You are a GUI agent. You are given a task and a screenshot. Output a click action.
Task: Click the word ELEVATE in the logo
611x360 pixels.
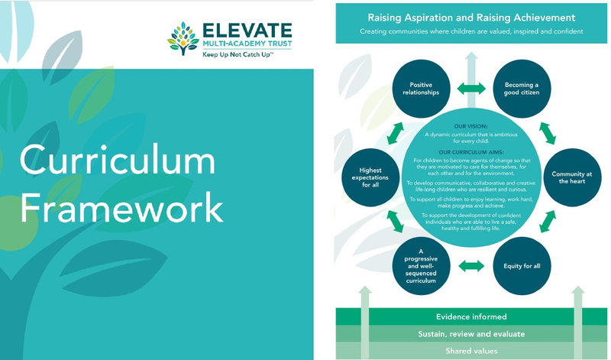click(247, 31)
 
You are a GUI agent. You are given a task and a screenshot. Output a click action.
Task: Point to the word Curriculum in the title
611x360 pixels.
click(117, 162)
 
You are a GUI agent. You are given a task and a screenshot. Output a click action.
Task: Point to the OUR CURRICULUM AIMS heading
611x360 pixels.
click(471, 151)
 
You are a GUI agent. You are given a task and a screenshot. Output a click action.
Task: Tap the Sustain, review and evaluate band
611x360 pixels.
click(470, 334)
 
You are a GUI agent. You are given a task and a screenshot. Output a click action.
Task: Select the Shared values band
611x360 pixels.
click(470, 351)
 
